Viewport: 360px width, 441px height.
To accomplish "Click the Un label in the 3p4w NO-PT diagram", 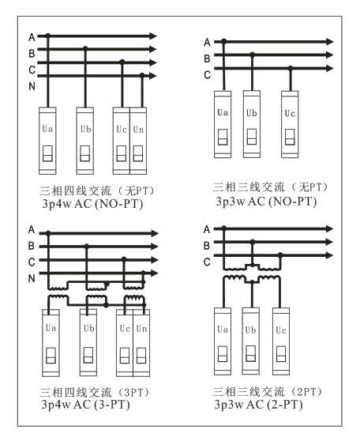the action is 138,130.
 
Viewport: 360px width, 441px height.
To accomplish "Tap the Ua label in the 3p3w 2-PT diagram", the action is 223,330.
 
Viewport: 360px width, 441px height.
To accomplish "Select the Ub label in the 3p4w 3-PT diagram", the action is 88,328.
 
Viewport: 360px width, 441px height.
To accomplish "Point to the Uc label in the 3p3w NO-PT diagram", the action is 290,113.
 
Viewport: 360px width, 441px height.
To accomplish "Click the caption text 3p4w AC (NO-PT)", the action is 92,204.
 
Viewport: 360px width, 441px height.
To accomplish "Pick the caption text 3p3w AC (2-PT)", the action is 258,405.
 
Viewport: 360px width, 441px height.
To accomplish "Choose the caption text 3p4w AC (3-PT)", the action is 86,405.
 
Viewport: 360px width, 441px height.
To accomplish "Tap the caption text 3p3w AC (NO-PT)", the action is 266,202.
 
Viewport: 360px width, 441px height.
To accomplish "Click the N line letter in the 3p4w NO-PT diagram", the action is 32,86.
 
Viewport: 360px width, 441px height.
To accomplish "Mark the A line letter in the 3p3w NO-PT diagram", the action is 207,43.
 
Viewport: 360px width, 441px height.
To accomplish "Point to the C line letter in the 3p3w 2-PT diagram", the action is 207,262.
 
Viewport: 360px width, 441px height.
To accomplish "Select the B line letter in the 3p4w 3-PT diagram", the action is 32,246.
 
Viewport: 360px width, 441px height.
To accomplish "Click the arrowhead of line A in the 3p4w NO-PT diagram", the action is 153,36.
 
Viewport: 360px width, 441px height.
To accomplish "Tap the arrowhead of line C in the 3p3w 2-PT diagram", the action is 329,255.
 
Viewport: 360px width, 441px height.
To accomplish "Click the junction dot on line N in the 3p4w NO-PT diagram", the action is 142,75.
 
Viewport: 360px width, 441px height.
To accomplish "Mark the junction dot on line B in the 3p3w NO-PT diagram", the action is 253,55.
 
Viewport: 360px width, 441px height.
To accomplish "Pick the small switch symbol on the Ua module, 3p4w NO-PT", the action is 47,153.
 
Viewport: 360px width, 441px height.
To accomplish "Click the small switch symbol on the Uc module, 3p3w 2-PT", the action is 281,354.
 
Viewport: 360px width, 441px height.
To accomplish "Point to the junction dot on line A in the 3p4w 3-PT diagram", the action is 48,233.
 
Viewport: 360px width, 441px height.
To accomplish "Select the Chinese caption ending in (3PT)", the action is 95,392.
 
